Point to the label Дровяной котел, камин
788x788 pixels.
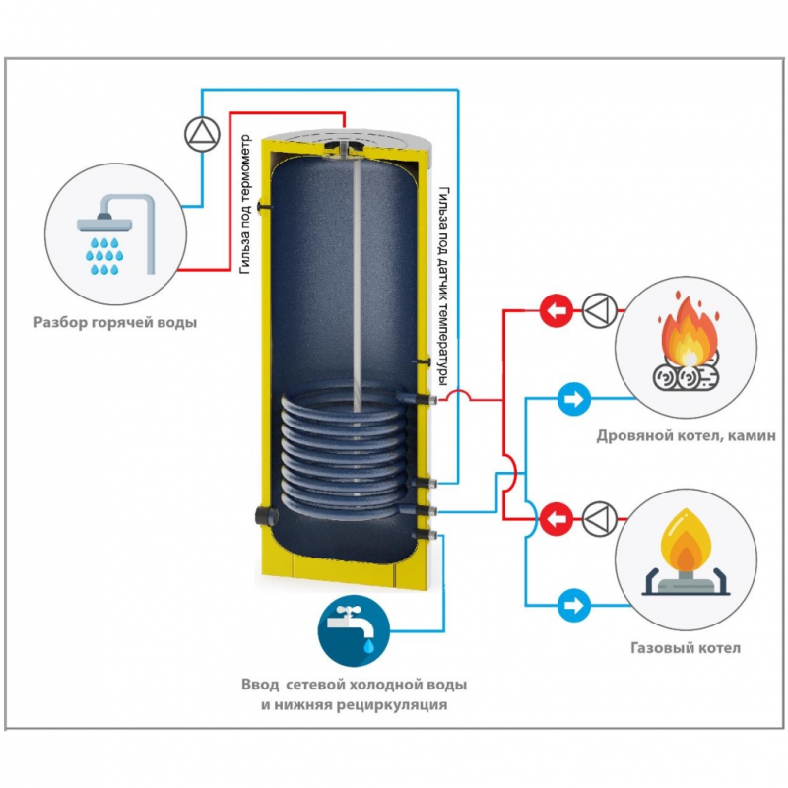(686, 436)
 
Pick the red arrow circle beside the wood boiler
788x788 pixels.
(557, 311)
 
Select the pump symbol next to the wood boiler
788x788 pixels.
(598, 311)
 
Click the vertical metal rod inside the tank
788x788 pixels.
(353, 286)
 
